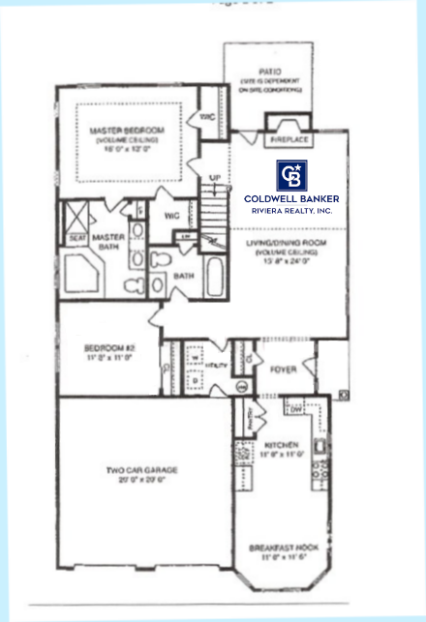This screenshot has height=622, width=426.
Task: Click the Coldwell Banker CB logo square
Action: click(291, 175)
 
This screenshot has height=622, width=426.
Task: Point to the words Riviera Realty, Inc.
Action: click(291, 210)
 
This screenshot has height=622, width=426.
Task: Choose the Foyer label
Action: click(283, 369)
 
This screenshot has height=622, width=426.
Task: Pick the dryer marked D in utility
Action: click(196, 379)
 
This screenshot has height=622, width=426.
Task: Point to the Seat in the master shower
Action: click(76, 236)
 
